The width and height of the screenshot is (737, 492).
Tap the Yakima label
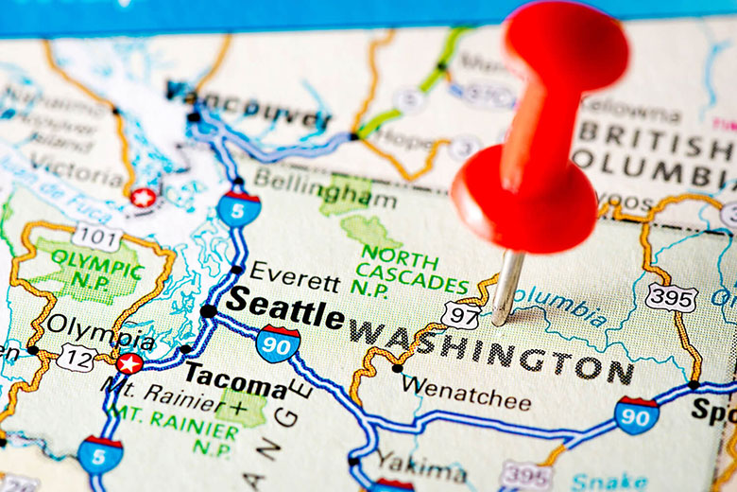coord(420,465)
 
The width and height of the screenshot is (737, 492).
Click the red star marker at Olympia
coord(129,363)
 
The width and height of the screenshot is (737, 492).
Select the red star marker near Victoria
coord(143,198)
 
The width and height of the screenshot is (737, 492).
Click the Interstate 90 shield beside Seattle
coord(278,343)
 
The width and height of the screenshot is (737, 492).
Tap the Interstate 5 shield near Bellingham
coord(238,208)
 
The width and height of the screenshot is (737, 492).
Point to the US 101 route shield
coord(97,237)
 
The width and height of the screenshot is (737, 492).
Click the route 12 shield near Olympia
coord(76,358)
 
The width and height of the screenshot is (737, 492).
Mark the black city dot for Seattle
coord(207,310)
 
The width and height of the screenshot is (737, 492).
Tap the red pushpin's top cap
coord(565,42)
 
